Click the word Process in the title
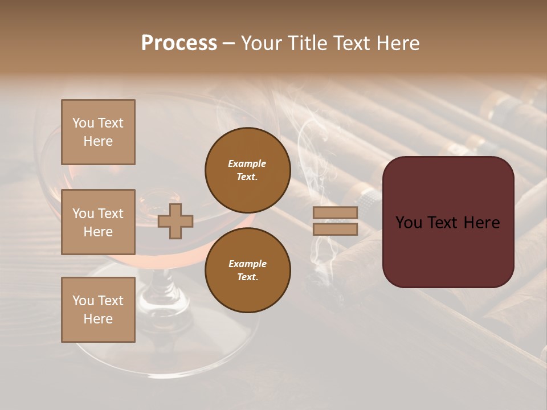[x=179, y=43]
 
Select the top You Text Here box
[x=98, y=132]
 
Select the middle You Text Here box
[x=98, y=222]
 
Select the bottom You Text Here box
[x=98, y=310]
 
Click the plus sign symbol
[x=175, y=221]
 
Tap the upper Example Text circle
[x=247, y=170]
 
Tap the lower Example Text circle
[x=247, y=270]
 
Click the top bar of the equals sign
[x=335, y=213]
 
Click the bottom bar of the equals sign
[x=335, y=229]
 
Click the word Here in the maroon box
[x=481, y=223]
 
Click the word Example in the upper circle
[x=247, y=163]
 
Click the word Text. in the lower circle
[x=247, y=277]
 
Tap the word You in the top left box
[x=83, y=123]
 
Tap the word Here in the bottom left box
[x=98, y=319]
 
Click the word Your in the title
[x=262, y=43]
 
